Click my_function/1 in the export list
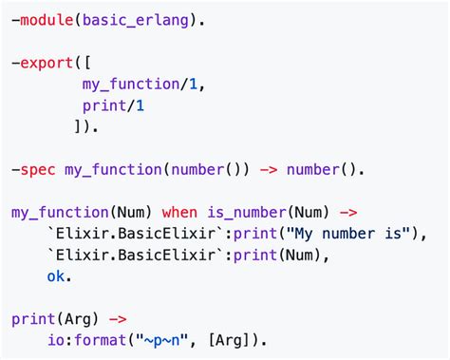tap(141, 84)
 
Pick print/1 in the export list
tap(113, 105)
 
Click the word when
tap(179, 211)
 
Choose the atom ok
tap(58, 275)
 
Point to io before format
tap(55, 340)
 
